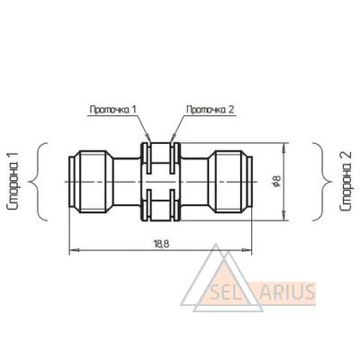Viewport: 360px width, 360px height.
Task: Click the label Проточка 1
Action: pyautogui.click(x=113, y=110)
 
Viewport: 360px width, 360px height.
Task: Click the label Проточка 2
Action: pyautogui.click(x=210, y=110)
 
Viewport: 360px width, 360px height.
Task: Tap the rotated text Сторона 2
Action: pyautogui.click(x=345, y=182)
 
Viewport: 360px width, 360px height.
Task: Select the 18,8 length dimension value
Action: pyautogui.click(x=162, y=244)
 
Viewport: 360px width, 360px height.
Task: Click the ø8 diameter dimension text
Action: pyautogui.click(x=276, y=181)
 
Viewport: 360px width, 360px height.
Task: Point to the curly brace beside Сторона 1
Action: pyautogui.click(x=38, y=182)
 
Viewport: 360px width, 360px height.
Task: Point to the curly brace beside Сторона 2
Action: pyautogui.click(x=322, y=182)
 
